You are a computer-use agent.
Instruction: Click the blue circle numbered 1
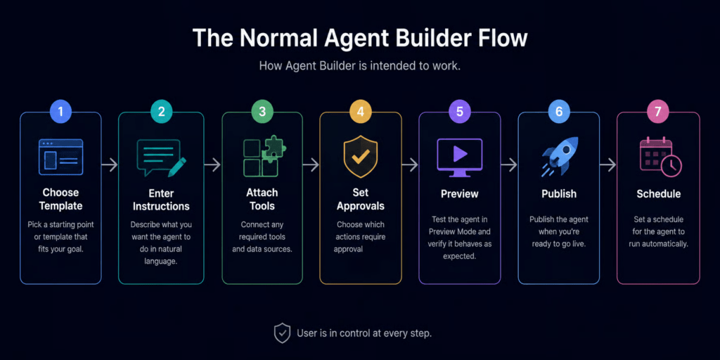pyautogui.click(x=60, y=112)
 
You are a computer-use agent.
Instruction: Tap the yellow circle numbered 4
pyautogui.click(x=361, y=112)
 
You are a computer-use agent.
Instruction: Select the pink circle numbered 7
pyautogui.click(x=658, y=112)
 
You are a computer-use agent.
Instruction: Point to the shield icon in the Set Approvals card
pyautogui.click(x=361, y=157)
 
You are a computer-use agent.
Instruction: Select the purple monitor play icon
pyautogui.click(x=460, y=157)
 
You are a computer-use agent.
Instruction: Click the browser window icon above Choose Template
pyautogui.click(x=60, y=157)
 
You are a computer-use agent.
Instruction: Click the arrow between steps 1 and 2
pyautogui.click(x=110, y=165)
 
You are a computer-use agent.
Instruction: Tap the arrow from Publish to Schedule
pyautogui.click(x=608, y=165)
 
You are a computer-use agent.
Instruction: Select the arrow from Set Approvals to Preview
pyautogui.click(x=410, y=165)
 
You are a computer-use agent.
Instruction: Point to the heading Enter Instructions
pyautogui.click(x=161, y=199)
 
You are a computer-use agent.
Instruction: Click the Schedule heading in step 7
pyautogui.click(x=658, y=194)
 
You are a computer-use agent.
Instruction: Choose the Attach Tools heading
pyautogui.click(x=262, y=199)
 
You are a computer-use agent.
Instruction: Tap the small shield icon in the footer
pyautogui.click(x=282, y=333)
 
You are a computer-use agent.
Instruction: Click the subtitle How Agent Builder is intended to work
pyautogui.click(x=359, y=65)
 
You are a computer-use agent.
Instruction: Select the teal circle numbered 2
pyautogui.click(x=161, y=112)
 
